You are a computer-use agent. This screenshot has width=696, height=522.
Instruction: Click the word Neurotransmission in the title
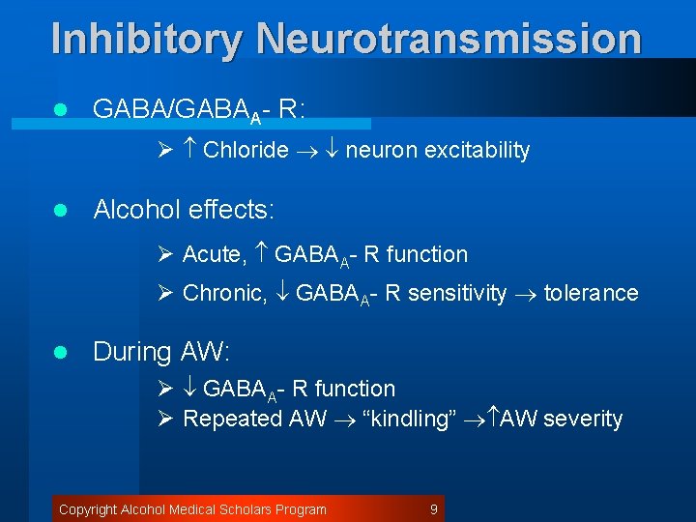[449, 39]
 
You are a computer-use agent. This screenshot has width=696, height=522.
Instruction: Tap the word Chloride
[246, 150]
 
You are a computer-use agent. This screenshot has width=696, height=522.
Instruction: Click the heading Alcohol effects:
[184, 210]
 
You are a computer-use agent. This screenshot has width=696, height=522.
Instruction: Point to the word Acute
[214, 254]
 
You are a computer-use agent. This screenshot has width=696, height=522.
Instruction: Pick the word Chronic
[224, 293]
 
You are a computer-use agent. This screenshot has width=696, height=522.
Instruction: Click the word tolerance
[592, 293]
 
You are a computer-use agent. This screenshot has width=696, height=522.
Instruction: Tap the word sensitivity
[457, 293]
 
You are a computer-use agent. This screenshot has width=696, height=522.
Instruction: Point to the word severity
[583, 419]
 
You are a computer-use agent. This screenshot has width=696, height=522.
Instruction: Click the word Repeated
[232, 419]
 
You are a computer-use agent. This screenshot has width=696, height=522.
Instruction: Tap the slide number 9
[434, 509]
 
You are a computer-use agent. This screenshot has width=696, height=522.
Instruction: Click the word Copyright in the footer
[87, 509]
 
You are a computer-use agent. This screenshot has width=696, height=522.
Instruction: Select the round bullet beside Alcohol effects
[60, 211]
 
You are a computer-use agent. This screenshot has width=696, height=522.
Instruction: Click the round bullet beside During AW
[60, 353]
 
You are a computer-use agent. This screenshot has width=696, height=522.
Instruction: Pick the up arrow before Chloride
[189, 150]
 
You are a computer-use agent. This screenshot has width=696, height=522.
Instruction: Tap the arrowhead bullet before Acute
[164, 254]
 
